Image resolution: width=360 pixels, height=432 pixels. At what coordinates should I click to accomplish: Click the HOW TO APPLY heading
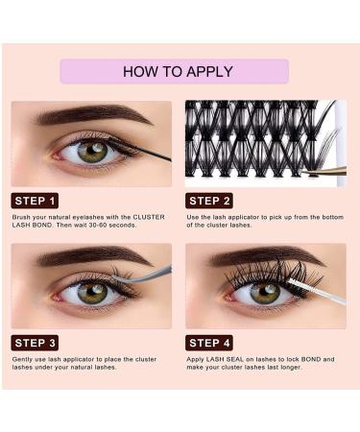pyautogui.click(x=174, y=72)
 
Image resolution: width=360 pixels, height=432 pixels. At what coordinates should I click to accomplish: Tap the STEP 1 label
pyautogui.click(x=35, y=201)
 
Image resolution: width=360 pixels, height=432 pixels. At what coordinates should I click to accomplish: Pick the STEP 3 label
pyautogui.click(x=35, y=343)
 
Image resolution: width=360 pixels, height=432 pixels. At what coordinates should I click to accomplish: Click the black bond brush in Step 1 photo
pyautogui.click(x=144, y=151)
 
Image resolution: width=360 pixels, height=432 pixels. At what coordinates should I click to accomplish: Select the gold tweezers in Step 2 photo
pyautogui.click(x=324, y=170)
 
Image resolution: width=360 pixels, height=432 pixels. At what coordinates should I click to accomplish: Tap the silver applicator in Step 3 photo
pyautogui.click(x=144, y=276)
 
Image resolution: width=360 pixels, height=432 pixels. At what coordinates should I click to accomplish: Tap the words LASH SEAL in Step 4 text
pyautogui.click(x=224, y=359)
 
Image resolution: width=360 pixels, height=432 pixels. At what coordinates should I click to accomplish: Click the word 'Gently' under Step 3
pyautogui.click(x=23, y=359)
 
